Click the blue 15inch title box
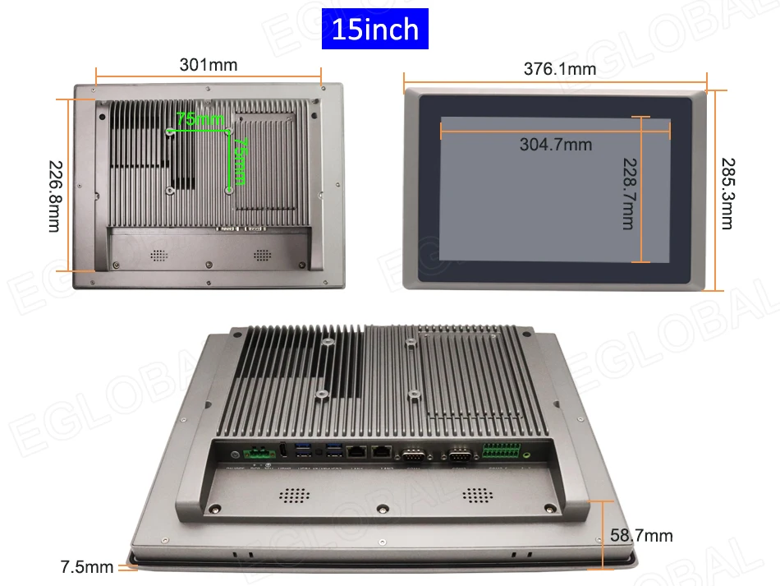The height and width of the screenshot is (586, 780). pyautogui.click(x=374, y=30)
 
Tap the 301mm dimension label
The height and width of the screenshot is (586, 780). pyautogui.click(x=208, y=66)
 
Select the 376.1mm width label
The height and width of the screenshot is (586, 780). pyautogui.click(x=560, y=69)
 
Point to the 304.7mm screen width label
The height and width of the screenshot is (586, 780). pyautogui.click(x=555, y=145)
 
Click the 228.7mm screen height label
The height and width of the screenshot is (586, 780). pyautogui.click(x=628, y=194)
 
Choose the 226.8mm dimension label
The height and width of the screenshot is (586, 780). pyautogui.click(x=53, y=195)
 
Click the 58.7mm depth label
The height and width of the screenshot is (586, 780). pyautogui.click(x=641, y=536)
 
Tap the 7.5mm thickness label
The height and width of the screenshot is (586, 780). pyautogui.click(x=87, y=567)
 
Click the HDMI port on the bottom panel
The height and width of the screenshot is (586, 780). pyautogui.click(x=282, y=450)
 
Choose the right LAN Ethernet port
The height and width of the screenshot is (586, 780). pyautogui.click(x=382, y=451)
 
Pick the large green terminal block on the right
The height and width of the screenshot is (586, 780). pyautogui.click(x=502, y=452)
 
